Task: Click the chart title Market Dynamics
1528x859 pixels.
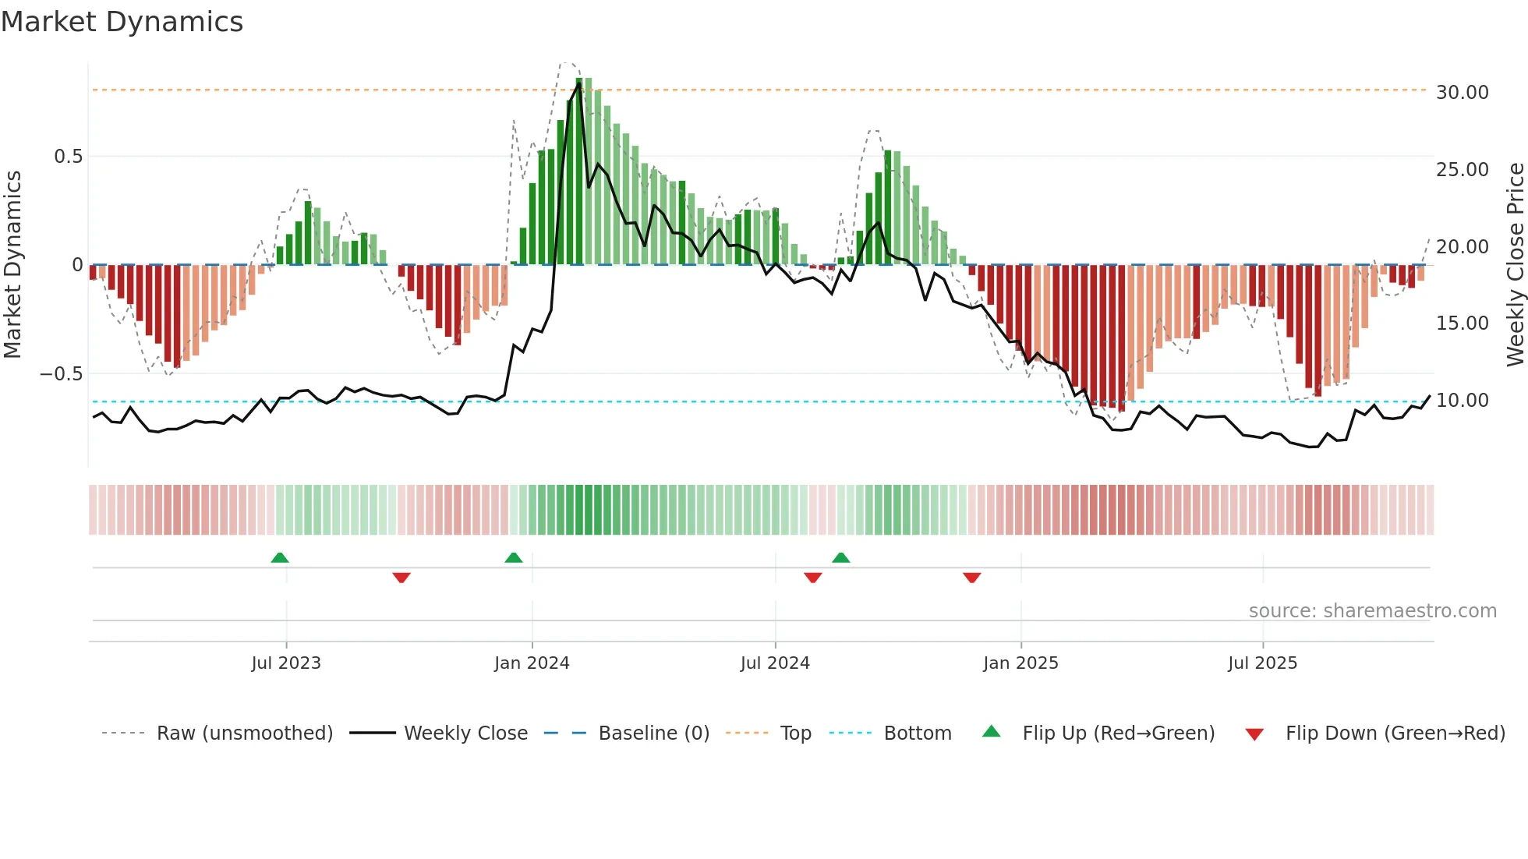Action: [x=122, y=22]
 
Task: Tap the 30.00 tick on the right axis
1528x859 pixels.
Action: [x=1462, y=93]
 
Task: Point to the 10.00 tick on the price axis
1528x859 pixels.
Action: [x=1462, y=401]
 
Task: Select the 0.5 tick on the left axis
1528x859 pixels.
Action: [x=68, y=157]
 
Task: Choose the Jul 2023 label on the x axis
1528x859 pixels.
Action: [x=286, y=663]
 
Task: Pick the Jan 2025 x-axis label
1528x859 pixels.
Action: [x=1020, y=663]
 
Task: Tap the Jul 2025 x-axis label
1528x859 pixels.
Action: [x=1262, y=663]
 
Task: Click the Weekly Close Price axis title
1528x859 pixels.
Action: [x=1515, y=265]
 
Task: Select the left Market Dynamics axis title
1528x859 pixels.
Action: [x=12, y=265]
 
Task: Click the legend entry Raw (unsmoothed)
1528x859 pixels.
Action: [x=244, y=734]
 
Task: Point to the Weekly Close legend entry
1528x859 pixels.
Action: [x=465, y=734]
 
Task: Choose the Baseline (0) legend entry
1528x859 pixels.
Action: [x=653, y=734]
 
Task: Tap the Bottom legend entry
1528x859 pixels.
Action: [x=917, y=734]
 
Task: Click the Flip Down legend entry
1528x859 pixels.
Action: [x=1395, y=734]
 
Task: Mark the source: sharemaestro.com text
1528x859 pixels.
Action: [x=1372, y=611]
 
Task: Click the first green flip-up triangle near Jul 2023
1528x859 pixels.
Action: [x=280, y=557]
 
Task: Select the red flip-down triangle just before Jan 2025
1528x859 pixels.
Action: [x=971, y=578]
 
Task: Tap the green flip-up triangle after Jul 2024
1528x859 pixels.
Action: [x=840, y=557]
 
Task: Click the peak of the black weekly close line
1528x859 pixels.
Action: [x=578, y=83]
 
